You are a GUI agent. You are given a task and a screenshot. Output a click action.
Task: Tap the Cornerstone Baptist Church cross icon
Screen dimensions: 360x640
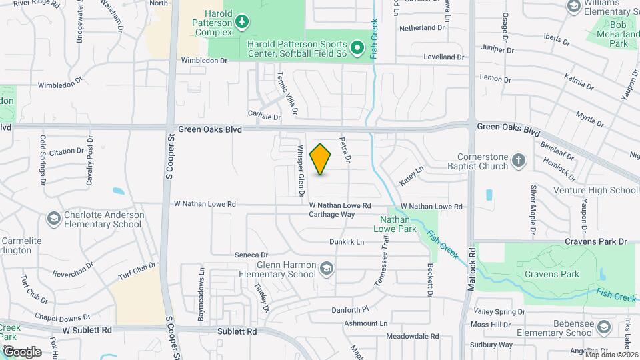[519, 160]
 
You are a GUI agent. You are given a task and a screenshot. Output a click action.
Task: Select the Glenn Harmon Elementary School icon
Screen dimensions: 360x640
[327, 269]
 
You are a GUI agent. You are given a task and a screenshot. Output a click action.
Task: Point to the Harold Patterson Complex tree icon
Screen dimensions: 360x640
[242, 23]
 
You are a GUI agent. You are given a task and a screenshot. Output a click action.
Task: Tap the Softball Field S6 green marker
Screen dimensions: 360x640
[357, 47]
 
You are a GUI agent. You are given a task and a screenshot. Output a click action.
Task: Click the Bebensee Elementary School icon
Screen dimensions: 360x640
[604, 327]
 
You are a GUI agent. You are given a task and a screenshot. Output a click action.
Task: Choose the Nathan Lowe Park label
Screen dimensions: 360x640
[399, 224]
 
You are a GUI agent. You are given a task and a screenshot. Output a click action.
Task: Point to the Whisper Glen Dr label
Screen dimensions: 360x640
[301, 171]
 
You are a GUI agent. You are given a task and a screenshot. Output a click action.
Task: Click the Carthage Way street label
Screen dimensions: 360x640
[332, 215]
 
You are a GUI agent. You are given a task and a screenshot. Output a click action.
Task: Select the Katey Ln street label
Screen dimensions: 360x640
[411, 176]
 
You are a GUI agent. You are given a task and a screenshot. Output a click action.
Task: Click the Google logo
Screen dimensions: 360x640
[22, 351]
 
